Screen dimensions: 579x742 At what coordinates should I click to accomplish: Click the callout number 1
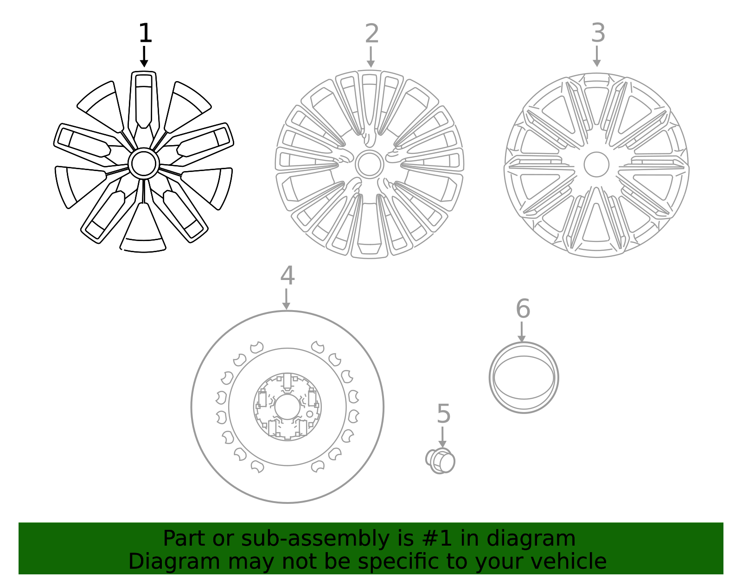click(145, 33)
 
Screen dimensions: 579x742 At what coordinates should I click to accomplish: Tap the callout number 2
click(372, 34)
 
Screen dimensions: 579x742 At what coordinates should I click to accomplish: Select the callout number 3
click(598, 33)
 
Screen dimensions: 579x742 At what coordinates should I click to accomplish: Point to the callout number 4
click(287, 276)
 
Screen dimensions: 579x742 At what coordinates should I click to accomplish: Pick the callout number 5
click(443, 414)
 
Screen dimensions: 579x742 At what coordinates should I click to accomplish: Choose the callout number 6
click(523, 309)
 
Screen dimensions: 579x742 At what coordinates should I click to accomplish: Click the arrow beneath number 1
click(144, 57)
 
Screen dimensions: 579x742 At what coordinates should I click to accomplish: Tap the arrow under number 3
click(597, 57)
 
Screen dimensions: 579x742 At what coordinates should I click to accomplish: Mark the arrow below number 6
click(522, 332)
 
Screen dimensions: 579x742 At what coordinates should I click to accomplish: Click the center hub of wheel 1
click(144, 163)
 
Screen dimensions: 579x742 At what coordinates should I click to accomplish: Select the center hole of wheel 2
click(370, 164)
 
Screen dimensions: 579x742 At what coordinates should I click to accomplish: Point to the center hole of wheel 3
click(596, 165)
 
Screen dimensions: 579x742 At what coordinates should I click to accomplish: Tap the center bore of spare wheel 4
click(287, 407)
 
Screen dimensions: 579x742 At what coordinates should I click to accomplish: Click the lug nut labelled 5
click(441, 461)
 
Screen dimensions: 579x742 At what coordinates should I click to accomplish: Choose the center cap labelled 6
click(524, 378)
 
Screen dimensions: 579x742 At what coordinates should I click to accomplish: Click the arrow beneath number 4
click(286, 299)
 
